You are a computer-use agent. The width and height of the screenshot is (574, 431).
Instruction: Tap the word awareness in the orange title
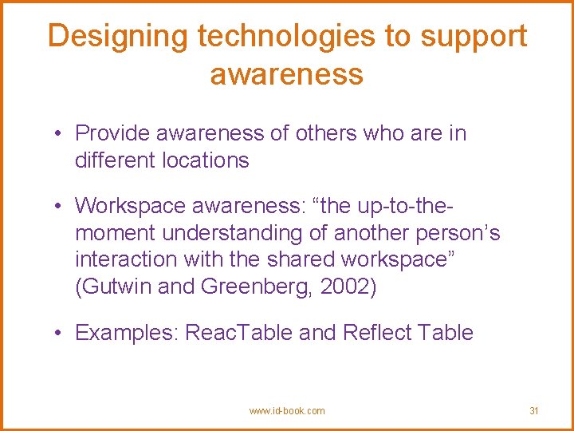tap(287, 74)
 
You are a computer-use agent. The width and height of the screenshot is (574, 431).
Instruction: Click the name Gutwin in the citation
tap(113, 286)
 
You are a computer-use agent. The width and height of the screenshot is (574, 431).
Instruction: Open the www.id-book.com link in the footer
tap(287, 411)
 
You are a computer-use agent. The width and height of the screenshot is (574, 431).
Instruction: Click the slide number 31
tap(534, 411)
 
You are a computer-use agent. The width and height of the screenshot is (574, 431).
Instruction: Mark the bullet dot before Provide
tap(61, 134)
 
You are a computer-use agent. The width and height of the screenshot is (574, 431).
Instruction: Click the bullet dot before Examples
tap(61, 333)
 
